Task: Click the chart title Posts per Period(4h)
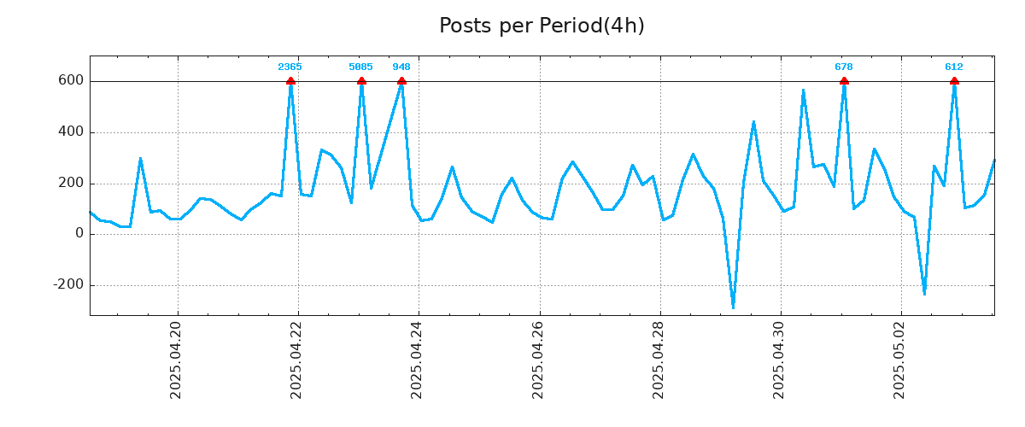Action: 542,26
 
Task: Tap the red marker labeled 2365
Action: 290,81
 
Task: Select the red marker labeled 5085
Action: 361,81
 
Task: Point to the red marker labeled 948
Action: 401,81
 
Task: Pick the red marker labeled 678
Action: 844,81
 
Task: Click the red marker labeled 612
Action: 954,81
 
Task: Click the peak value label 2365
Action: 290,67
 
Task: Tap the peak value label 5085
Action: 360,67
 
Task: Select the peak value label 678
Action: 844,67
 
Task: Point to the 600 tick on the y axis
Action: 72,81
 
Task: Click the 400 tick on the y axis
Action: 72,132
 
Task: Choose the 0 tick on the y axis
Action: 79,234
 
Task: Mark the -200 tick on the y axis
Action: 68,285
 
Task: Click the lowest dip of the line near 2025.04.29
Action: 733,307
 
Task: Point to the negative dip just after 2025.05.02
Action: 924,294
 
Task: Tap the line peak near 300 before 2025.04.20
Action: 140,159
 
